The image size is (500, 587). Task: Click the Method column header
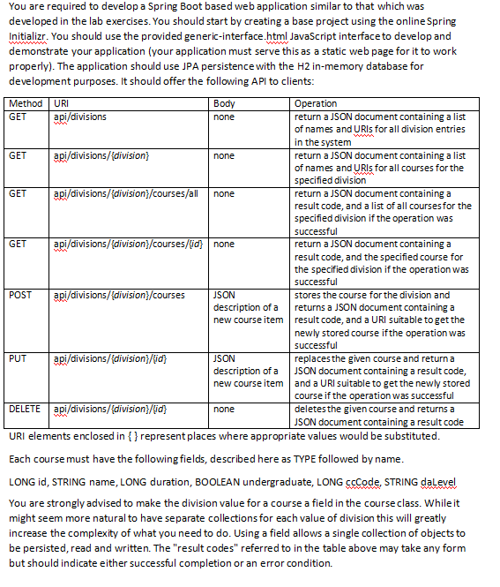tap(24, 104)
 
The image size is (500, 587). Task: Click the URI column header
tap(61, 104)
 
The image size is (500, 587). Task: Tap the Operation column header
tap(316, 104)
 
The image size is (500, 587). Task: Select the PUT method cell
tap(17, 358)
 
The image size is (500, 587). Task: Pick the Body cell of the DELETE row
tap(225, 410)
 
